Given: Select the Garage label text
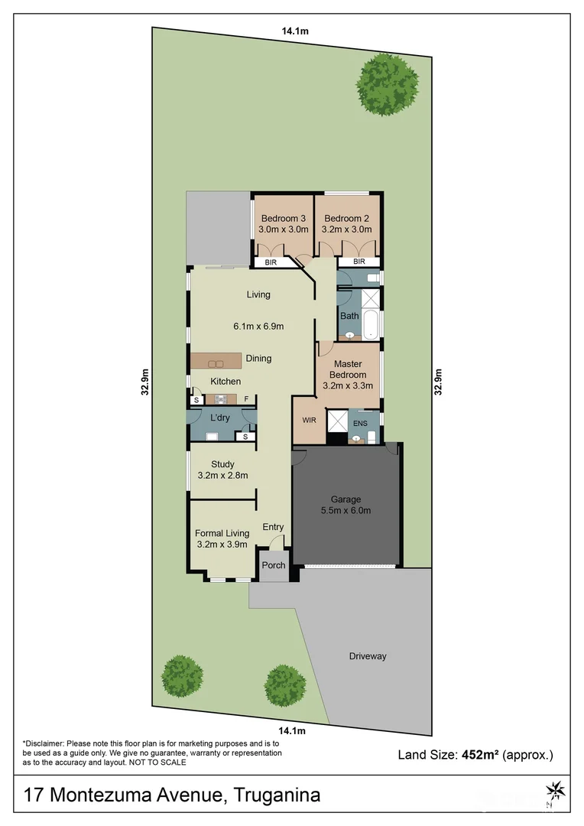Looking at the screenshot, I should (x=346, y=499).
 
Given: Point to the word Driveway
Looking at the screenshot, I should (x=368, y=656).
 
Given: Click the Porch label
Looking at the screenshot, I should (x=273, y=566).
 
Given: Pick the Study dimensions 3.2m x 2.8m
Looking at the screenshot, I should (x=222, y=475).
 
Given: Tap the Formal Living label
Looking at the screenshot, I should (x=222, y=533).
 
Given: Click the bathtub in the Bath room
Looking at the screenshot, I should (x=371, y=324).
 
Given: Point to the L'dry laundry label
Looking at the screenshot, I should (x=220, y=418).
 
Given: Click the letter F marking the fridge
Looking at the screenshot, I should (x=246, y=399).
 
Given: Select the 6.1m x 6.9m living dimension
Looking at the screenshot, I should (x=258, y=327).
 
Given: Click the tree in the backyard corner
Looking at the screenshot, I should (x=388, y=84).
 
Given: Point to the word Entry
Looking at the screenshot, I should (x=273, y=527).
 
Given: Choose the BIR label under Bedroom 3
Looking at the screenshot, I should (x=271, y=262).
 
